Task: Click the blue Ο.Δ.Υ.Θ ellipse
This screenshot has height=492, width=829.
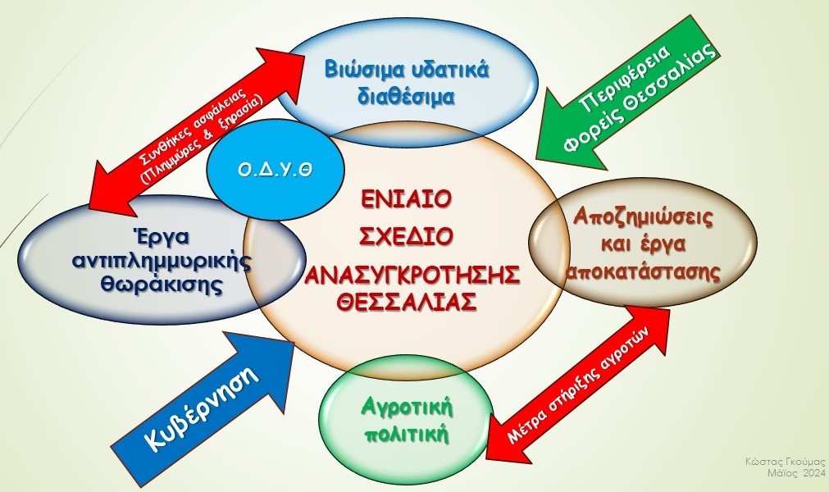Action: pyautogui.click(x=275, y=171)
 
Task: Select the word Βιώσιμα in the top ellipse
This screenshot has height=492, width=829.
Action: pyautogui.click(x=360, y=70)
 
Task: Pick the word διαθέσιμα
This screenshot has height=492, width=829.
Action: pyautogui.click(x=407, y=98)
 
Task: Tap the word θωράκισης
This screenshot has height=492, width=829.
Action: pyautogui.click(x=161, y=285)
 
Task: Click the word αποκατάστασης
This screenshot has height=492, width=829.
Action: pyautogui.click(x=643, y=271)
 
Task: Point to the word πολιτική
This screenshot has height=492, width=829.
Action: pyautogui.click(x=407, y=435)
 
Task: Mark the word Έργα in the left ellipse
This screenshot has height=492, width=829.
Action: pyautogui.click(x=161, y=236)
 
